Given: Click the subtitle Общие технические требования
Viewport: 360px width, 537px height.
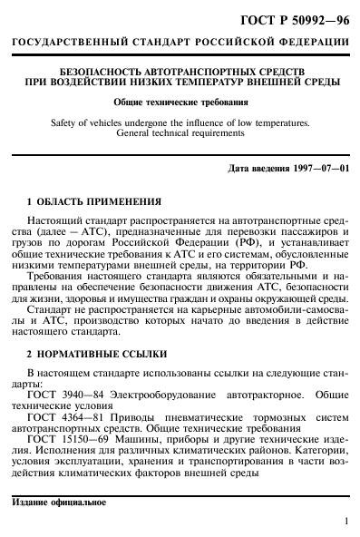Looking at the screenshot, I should coord(180,102).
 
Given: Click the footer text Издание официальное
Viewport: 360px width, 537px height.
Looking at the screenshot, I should coord(59,502).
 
